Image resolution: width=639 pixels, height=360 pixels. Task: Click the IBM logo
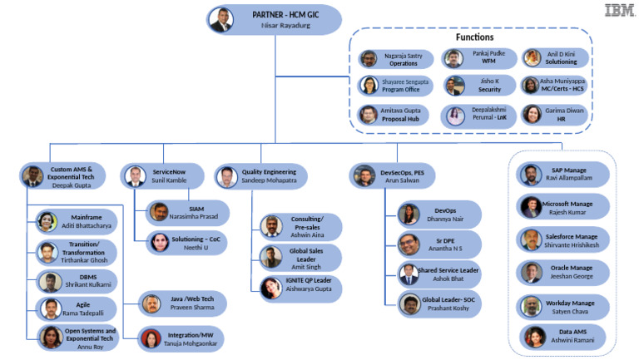click(x=619, y=10)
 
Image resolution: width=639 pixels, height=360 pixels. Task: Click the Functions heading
click(x=474, y=37)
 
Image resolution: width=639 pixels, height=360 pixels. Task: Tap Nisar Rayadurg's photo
click(x=220, y=20)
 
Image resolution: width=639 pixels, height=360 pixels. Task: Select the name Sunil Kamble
click(x=169, y=180)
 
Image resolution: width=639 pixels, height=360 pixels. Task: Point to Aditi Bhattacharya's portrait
click(x=47, y=221)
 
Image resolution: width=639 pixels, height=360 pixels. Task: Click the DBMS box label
click(x=88, y=277)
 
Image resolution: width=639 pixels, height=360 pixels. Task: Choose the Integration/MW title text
click(x=191, y=335)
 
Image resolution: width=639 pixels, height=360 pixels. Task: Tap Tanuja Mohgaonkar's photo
click(x=151, y=339)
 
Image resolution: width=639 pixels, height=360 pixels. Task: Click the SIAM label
click(x=196, y=209)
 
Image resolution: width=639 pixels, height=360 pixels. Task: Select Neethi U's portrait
click(x=160, y=242)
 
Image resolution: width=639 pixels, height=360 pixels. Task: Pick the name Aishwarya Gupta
click(x=309, y=288)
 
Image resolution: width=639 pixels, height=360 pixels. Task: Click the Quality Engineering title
click(x=269, y=172)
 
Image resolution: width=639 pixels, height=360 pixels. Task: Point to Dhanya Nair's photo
click(x=409, y=215)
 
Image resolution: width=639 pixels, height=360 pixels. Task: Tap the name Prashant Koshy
click(x=448, y=308)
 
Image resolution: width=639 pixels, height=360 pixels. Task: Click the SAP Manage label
click(x=569, y=170)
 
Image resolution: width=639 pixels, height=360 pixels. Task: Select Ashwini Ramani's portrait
click(x=535, y=337)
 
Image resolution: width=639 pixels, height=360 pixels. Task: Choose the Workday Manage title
click(x=570, y=303)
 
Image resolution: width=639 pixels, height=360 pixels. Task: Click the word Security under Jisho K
click(x=489, y=89)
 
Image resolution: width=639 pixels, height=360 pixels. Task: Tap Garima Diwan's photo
click(x=532, y=115)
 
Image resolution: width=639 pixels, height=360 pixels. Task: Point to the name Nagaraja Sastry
click(x=404, y=56)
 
